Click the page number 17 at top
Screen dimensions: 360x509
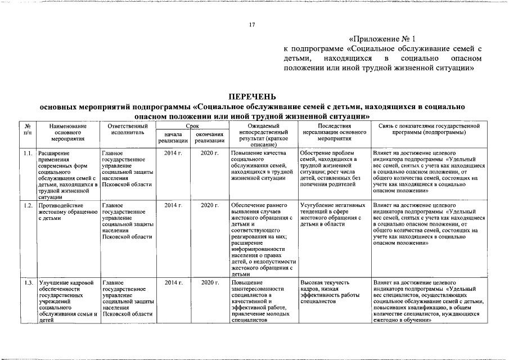click(253, 25)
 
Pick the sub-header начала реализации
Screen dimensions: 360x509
click(173, 138)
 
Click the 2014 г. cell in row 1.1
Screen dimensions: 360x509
click(173, 153)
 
